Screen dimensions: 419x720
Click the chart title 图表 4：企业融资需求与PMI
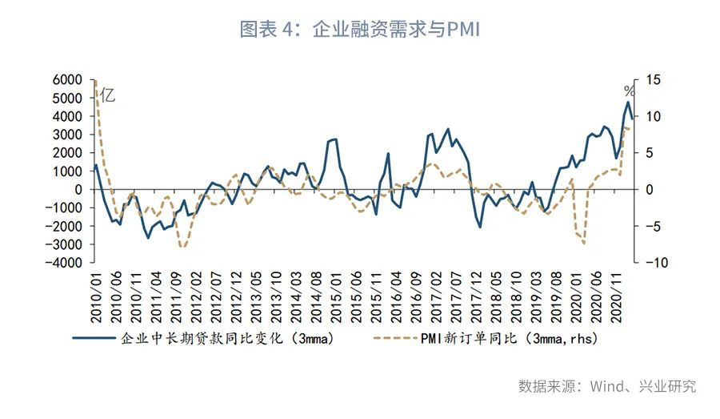pos(359,30)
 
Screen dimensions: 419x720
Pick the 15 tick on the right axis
pos(653,80)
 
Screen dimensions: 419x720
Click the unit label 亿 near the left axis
pos(108,95)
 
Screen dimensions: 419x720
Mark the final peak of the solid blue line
pos(628,103)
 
